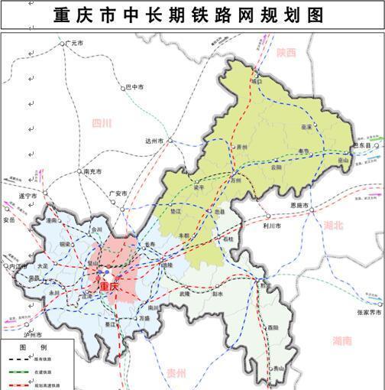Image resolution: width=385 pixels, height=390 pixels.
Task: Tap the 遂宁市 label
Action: [x=27, y=197]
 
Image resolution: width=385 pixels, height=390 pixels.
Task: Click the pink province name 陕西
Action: [x=286, y=53]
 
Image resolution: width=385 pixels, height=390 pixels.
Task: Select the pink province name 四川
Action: [x=101, y=122]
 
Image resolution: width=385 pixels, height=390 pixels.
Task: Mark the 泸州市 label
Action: [x=32, y=335]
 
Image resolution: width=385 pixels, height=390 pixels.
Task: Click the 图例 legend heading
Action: [x=27, y=347]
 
